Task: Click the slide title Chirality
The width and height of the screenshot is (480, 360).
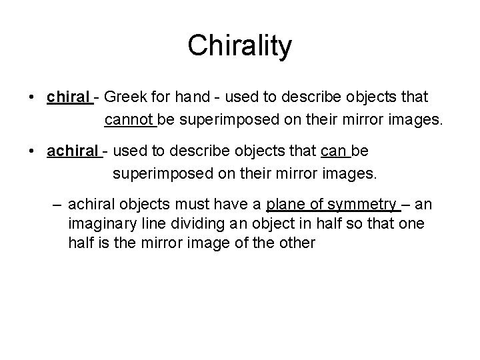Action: click(239, 46)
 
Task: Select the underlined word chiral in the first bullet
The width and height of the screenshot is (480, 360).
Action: click(69, 98)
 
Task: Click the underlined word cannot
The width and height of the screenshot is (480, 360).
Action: click(129, 121)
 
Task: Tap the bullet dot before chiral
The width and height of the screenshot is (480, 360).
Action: click(32, 98)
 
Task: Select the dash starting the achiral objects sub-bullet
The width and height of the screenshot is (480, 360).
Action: click(58, 204)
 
